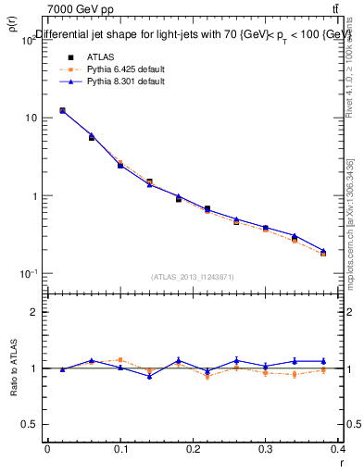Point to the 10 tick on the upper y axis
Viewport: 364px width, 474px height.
[x=31, y=118]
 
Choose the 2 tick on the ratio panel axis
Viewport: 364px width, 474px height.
[x=34, y=313]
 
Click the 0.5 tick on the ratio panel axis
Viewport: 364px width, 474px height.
[x=31, y=424]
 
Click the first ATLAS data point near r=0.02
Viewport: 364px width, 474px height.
[x=62, y=110]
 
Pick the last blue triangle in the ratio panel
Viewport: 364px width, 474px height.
[x=324, y=361]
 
